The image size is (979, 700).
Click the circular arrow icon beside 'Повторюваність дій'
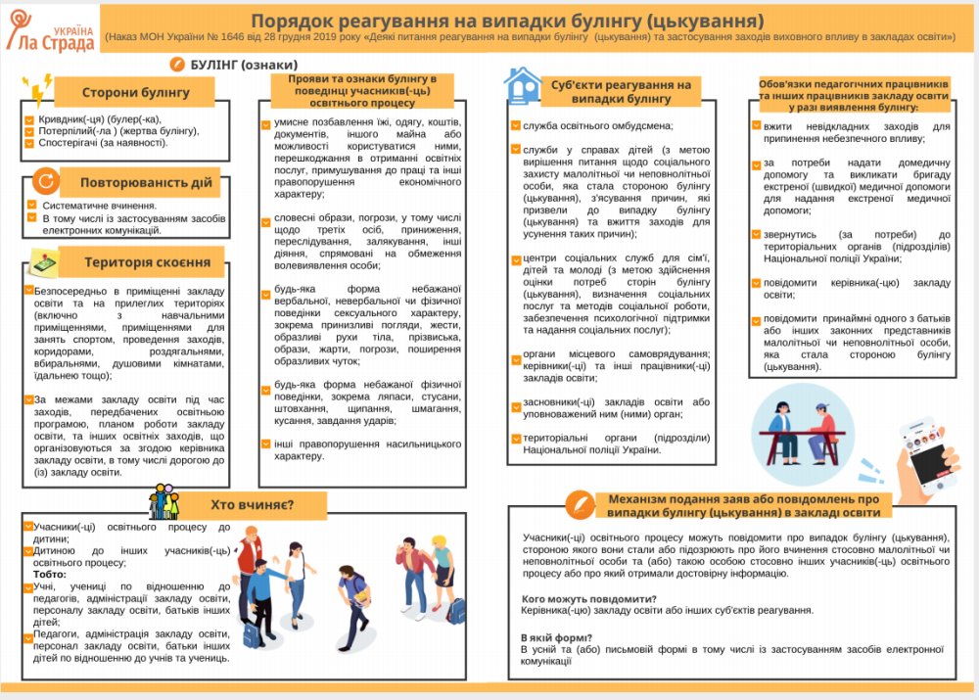(45, 181)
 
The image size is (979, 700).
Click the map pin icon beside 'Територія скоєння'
(43, 261)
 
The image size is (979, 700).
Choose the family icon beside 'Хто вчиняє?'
(163, 502)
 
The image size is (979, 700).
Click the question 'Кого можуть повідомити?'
(588, 598)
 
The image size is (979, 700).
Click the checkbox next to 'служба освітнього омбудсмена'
(516, 125)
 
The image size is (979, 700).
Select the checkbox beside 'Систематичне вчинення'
(33, 206)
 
